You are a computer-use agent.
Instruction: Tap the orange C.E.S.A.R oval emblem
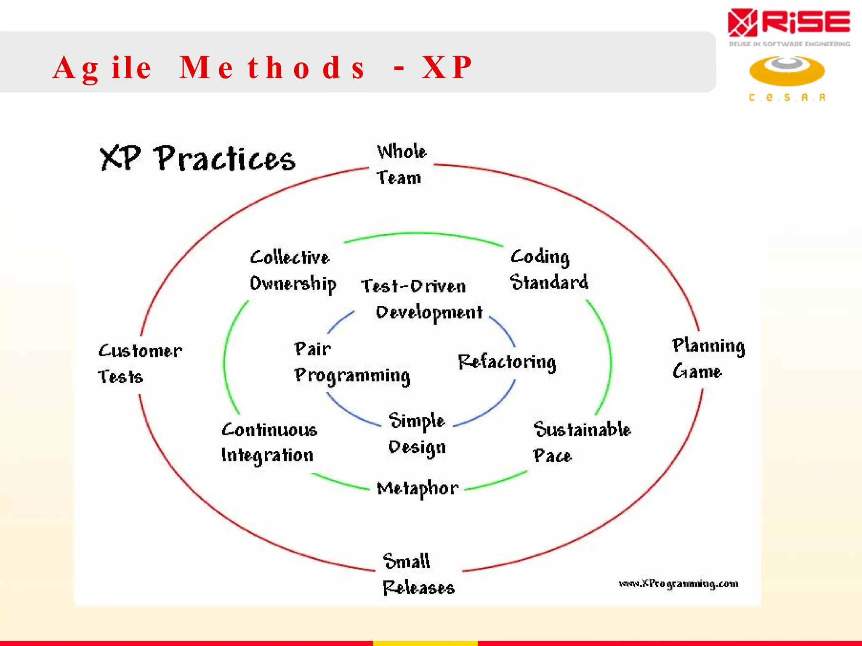click(x=787, y=71)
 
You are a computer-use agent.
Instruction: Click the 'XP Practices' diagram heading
click(x=197, y=159)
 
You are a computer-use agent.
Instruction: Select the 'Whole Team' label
click(x=400, y=164)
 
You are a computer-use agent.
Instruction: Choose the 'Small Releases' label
click(x=418, y=574)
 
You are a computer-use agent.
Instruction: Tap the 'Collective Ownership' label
click(x=293, y=270)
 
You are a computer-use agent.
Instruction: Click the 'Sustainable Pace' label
click(x=581, y=442)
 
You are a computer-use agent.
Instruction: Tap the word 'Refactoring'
click(x=507, y=362)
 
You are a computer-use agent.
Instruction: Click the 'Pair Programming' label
click(x=351, y=363)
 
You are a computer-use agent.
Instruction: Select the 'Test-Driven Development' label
click(x=421, y=299)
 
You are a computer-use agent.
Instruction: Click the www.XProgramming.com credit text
click(x=678, y=584)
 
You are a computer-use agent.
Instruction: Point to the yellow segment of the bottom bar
click(x=425, y=643)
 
